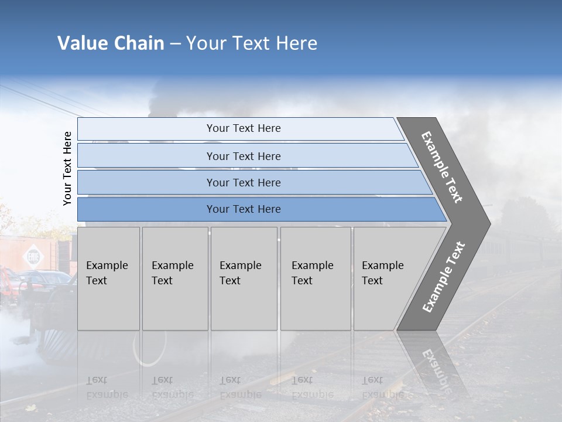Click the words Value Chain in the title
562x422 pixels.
pyautogui.click(x=111, y=43)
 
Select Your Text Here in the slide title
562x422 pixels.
pyautogui.click(x=252, y=43)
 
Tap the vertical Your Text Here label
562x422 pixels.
pyautogui.click(x=67, y=168)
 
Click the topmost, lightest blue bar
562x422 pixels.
pyautogui.click(x=243, y=128)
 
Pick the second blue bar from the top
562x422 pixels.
pyautogui.click(x=243, y=156)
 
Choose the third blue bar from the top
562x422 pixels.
pyautogui.click(x=243, y=182)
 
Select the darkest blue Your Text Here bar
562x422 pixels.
pyautogui.click(x=243, y=209)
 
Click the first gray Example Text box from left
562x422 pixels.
pyautogui.click(x=108, y=278)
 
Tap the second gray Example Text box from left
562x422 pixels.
pyautogui.click(x=174, y=278)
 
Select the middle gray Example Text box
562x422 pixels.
pyautogui.click(x=244, y=278)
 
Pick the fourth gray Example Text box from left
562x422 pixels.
pyautogui.click(x=316, y=278)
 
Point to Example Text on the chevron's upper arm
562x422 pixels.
pyautogui.click(x=443, y=167)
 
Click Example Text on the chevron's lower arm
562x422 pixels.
pyautogui.click(x=444, y=277)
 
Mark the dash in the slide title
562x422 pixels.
pyautogui.click(x=175, y=44)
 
